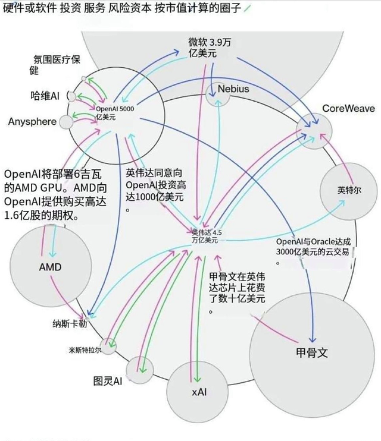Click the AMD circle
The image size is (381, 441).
coord(50,267)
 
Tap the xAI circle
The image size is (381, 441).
coord(199,392)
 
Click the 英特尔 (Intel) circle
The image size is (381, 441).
coord(349,191)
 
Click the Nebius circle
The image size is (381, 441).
coord(232,89)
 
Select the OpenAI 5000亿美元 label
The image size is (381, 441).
coord(119,112)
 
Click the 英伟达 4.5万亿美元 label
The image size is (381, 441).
coord(204,236)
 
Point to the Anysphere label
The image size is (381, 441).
coord(32,122)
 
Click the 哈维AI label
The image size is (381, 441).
coord(45,95)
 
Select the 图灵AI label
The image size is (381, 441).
coord(108,380)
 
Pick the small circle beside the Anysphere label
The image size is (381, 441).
coord(66,122)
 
